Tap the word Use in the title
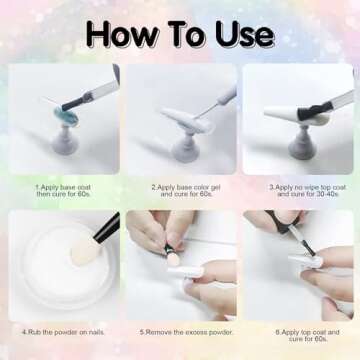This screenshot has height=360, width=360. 240,34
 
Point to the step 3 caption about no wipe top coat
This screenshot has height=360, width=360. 297,190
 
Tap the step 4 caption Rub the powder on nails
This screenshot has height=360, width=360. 62,332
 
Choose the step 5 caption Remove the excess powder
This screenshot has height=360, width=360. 180,332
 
